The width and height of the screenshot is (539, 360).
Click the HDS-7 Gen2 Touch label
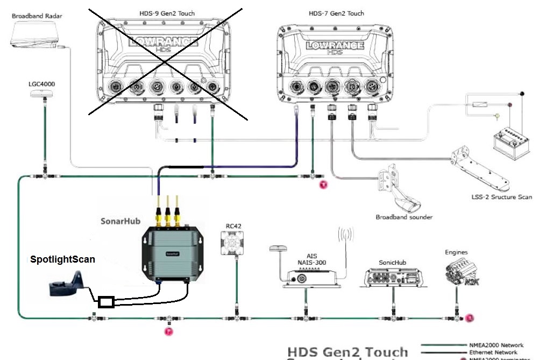click(337, 13)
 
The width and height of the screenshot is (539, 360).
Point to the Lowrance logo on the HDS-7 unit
click(335, 46)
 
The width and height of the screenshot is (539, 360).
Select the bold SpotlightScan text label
click(62, 259)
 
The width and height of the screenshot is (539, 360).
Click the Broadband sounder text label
click(404, 217)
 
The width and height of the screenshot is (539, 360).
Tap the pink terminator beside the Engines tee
click(470, 318)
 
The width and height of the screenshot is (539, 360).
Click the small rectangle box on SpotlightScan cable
click(107, 302)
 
